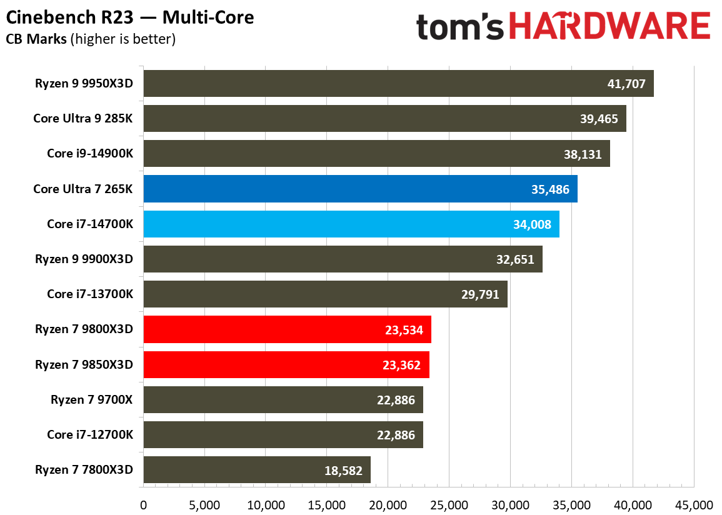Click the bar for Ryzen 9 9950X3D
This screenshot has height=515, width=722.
(x=398, y=84)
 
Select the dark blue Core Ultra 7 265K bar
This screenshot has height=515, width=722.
(x=360, y=189)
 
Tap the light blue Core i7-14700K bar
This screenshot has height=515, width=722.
(x=351, y=224)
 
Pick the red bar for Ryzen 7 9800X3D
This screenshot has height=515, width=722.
(x=287, y=329)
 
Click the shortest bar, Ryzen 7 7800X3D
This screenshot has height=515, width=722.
(x=257, y=470)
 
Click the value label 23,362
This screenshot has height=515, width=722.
(x=401, y=365)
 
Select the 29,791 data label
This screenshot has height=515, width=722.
(x=479, y=294)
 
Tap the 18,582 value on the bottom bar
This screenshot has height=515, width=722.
(x=343, y=470)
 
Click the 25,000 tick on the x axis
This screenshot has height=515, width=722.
(x=449, y=504)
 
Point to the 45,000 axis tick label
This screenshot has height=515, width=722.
(x=694, y=504)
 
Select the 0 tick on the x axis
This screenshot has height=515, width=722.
(x=144, y=504)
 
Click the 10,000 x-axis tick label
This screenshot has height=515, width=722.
(x=266, y=504)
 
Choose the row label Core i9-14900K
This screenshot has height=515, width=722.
(x=90, y=154)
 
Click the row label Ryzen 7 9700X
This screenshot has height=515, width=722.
(x=92, y=400)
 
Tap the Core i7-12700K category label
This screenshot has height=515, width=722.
(x=90, y=435)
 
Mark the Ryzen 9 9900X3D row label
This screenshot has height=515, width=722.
(x=84, y=259)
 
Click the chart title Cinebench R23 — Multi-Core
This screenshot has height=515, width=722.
(x=130, y=17)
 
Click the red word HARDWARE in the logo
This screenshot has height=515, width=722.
(x=609, y=27)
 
